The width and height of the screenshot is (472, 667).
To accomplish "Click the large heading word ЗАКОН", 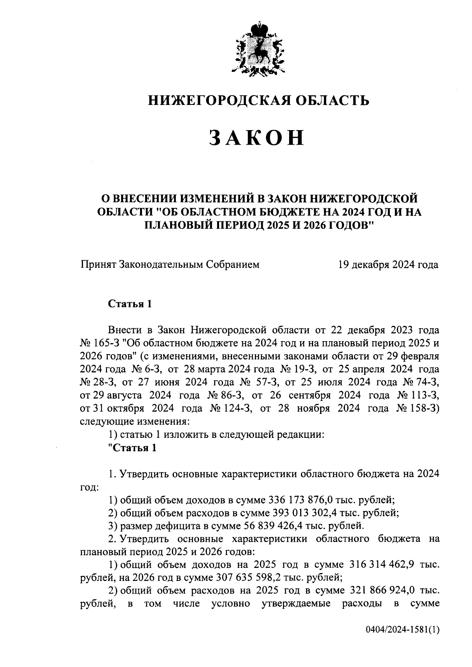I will pyautogui.click(x=256, y=138).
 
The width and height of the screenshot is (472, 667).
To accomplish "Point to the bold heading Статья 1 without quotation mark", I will pyautogui.click(x=130, y=304).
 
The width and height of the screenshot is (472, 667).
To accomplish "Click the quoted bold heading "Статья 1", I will pyautogui.click(x=132, y=448).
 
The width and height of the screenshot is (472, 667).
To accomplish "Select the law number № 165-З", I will pyautogui.click(x=99, y=343).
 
